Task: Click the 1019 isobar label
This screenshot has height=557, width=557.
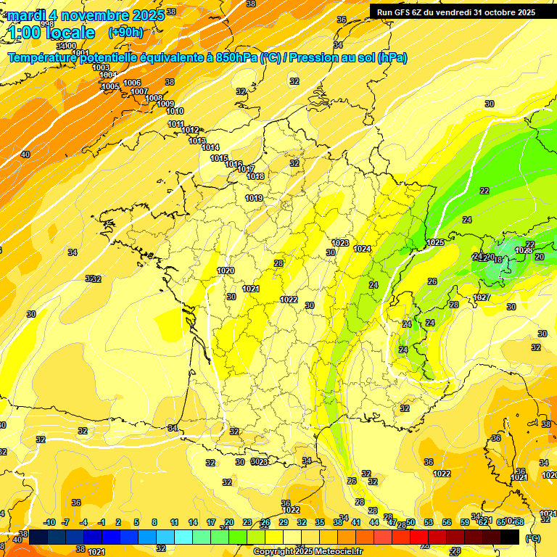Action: pos(253,198)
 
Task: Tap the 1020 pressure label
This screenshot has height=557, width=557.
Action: pos(226,271)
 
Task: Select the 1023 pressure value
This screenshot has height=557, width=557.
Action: pos(340,243)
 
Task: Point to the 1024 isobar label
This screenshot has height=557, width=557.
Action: pos(362,249)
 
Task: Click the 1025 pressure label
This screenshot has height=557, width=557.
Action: pos(435,242)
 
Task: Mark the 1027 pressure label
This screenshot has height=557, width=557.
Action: pos(482,297)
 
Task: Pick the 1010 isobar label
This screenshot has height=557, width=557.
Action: pos(175,111)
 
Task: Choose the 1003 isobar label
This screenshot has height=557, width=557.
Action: pos(101,67)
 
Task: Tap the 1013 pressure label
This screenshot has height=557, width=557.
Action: pos(197,141)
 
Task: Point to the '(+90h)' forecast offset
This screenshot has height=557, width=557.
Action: pos(125,33)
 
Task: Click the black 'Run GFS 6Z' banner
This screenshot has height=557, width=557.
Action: pos(455,12)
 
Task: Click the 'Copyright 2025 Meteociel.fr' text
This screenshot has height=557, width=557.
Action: pos(308,551)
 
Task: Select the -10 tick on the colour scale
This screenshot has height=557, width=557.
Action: pos(49,522)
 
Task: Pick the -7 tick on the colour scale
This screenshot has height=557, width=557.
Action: pos(65,522)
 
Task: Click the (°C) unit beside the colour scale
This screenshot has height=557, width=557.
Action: pos(532,538)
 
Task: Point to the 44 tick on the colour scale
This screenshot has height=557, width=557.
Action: pos(374,522)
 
